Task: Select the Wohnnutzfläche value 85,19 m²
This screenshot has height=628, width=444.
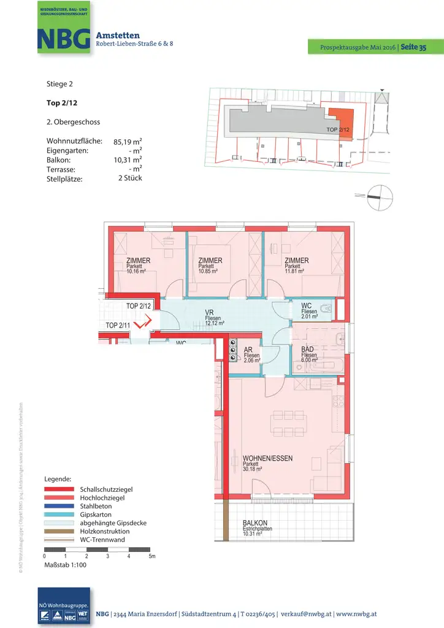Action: [128, 142]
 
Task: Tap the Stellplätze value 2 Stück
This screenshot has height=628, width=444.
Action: [129, 178]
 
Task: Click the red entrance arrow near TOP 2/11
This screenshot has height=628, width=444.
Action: [141, 323]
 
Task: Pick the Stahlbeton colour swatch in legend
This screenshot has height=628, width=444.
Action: [59, 507]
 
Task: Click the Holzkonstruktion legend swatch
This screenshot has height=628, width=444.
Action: [59, 531]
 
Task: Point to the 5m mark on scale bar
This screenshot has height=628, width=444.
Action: [151, 556]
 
